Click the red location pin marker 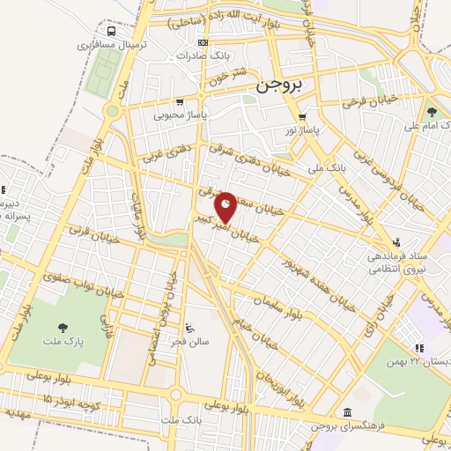click(x=226, y=208)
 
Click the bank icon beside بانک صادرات click(x=203, y=42)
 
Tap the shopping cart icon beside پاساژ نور click(x=302, y=116)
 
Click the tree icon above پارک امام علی click(x=432, y=112)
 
